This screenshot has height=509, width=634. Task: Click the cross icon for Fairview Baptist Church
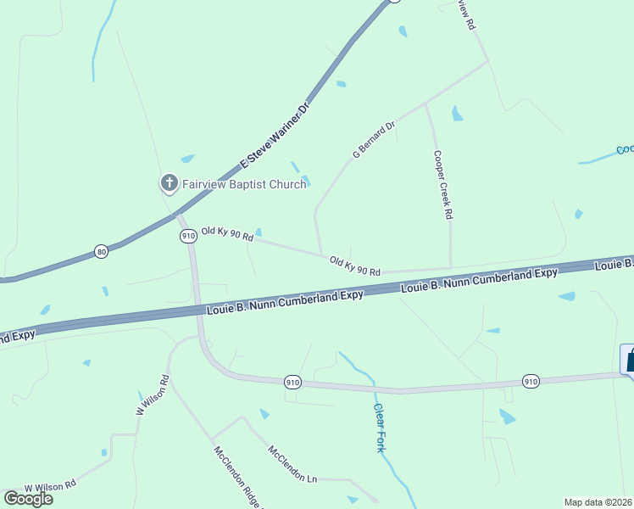click(x=169, y=182)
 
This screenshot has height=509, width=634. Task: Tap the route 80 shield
click(x=102, y=252)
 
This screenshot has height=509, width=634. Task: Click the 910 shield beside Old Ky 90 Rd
click(x=188, y=236)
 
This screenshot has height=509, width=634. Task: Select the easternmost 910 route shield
click(x=531, y=381)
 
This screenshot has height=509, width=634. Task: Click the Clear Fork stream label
click(x=380, y=426)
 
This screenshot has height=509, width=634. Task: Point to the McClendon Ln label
click(x=292, y=464)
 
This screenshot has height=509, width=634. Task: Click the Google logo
click(x=28, y=498)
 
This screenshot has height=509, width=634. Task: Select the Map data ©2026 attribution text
click(x=598, y=502)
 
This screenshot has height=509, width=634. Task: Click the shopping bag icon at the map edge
click(x=629, y=360)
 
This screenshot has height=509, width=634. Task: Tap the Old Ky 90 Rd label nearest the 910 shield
click(x=227, y=233)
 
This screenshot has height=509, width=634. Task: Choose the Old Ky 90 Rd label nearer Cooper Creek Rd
click(x=354, y=265)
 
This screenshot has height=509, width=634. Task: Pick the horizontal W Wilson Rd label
click(x=50, y=486)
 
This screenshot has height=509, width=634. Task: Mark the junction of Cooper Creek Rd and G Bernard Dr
click(x=425, y=105)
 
